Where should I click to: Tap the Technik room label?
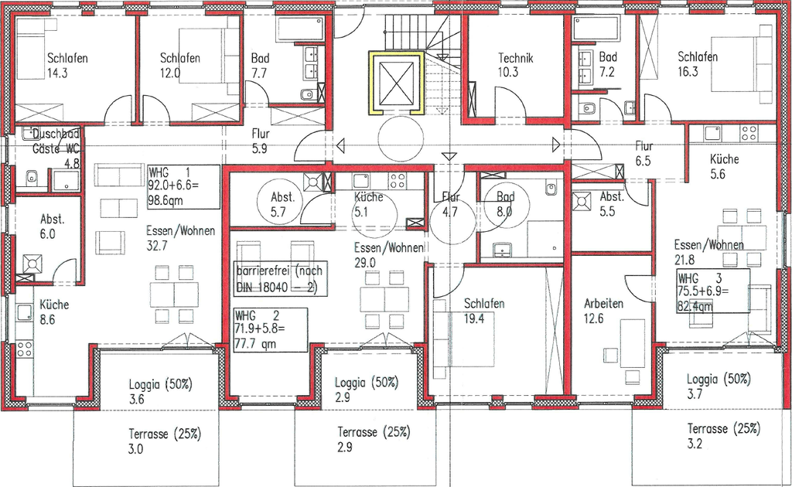(515, 58)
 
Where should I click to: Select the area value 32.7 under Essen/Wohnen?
(156, 246)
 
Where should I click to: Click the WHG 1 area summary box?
(184, 187)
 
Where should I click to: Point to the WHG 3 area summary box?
(713, 291)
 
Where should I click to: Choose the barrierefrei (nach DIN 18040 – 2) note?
(278, 278)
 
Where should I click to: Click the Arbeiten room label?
(603, 304)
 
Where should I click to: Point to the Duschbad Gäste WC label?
(56, 141)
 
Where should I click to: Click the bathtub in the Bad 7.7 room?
(300, 29)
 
